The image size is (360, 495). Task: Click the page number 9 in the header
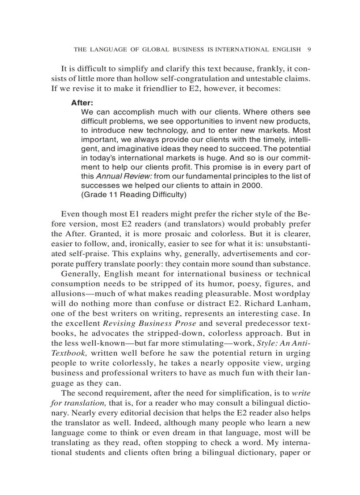tap(309, 49)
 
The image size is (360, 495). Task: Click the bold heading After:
tap(82, 103)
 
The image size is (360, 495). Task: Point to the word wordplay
tap(293, 294)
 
